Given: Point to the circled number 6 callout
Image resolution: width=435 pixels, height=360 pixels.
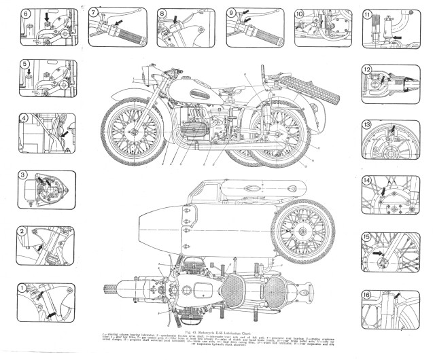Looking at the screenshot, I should point(26,13).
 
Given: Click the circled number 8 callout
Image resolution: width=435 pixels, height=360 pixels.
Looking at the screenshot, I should point(162,13).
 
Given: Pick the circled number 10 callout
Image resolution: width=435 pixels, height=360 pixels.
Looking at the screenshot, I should point(300,13).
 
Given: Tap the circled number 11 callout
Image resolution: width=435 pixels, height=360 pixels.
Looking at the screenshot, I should point(368,14).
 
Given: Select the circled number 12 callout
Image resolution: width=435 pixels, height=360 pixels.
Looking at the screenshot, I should point(367,69).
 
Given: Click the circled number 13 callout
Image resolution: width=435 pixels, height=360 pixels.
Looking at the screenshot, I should point(367,125).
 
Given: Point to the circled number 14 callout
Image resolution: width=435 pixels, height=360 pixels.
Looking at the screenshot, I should point(367,181).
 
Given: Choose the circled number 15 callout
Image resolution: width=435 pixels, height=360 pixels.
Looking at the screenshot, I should point(367,237).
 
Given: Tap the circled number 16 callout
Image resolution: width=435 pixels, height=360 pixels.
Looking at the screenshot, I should point(367,295).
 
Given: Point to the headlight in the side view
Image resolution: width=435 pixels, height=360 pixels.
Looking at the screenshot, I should point(145,76).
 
